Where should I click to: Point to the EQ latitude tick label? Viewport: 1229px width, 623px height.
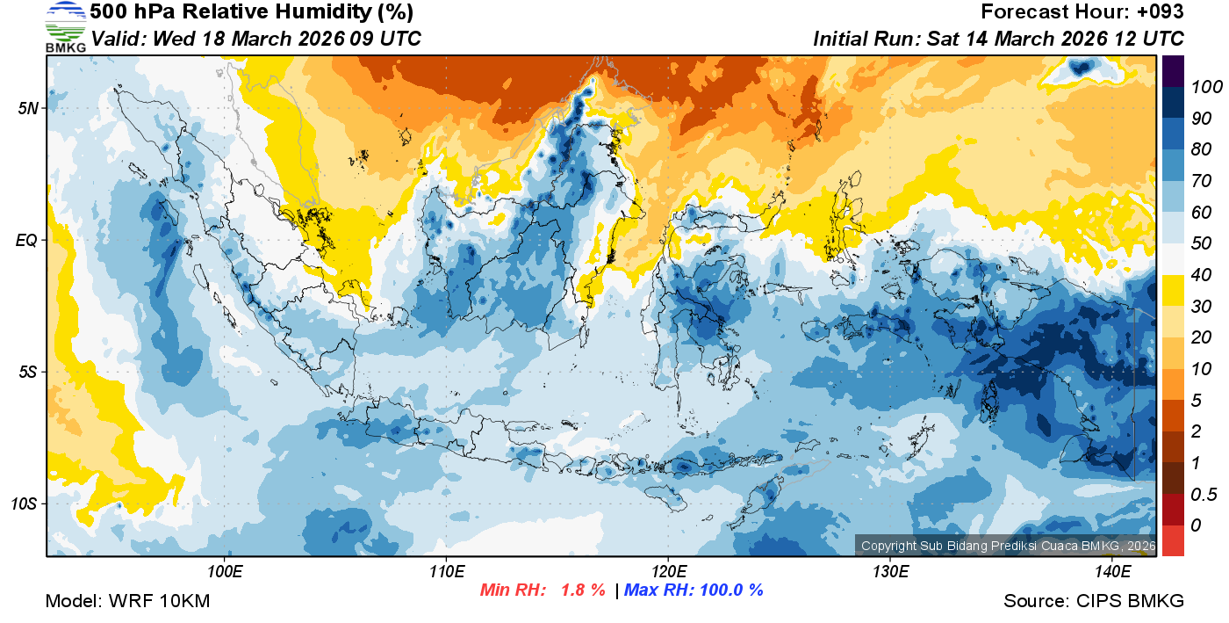click(28, 240)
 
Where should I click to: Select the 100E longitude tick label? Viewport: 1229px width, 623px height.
click(225, 572)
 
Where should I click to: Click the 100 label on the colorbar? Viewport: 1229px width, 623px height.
click(1207, 86)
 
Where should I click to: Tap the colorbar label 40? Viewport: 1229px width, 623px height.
click(1201, 275)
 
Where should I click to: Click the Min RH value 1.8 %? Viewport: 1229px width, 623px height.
click(583, 590)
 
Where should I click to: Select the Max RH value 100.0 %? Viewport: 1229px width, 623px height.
click(730, 590)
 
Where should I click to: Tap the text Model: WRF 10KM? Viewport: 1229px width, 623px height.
click(127, 601)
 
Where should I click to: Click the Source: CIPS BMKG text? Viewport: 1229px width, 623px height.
click(1094, 601)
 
